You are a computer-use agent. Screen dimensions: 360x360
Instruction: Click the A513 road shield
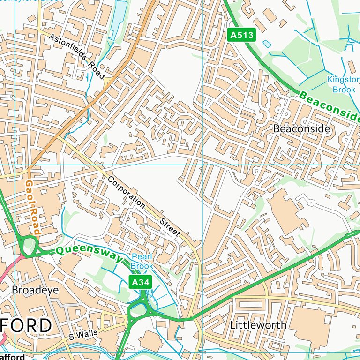(242, 35)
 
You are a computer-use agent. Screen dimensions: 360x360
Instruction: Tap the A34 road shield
(140, 282)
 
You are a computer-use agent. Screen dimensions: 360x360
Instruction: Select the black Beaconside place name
(301, 128)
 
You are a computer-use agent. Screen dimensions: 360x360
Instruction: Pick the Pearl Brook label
(142, 261)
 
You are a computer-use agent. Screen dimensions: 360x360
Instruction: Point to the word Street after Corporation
(169, 226)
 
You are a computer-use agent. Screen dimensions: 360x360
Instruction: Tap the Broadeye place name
(35, 290)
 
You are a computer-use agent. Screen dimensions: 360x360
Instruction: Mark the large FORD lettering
(25, 325)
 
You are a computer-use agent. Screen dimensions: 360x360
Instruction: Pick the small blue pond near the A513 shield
(267, 44)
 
